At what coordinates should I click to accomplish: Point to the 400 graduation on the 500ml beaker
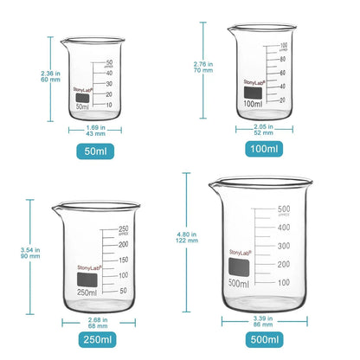[283, 227]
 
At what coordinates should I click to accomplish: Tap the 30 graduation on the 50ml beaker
[110, 84]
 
